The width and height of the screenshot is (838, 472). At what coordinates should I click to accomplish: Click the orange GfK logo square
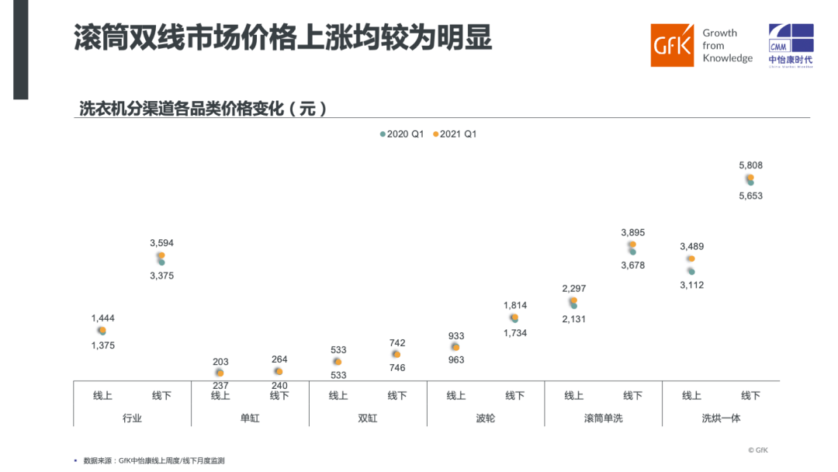click(672, 45)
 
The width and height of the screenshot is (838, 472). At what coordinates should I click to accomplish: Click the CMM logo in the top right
click(791, 45)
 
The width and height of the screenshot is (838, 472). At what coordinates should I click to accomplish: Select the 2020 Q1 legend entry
click(402, 134)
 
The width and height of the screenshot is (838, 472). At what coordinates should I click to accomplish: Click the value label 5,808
click(750, 165)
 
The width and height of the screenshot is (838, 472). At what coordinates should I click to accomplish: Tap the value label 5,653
click(750, 196)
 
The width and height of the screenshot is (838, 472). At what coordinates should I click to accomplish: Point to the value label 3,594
click(161, 243)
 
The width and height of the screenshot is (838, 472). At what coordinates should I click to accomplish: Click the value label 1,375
click(102, 345)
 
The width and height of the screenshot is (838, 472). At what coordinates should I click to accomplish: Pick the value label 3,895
click(632, 232)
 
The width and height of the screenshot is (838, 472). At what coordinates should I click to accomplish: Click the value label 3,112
click(691, 285)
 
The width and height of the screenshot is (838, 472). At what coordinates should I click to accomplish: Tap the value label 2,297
click(573, 288)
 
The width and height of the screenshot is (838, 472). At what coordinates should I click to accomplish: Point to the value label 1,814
click(514, 305)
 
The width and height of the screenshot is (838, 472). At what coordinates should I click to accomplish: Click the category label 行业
click(132, 418)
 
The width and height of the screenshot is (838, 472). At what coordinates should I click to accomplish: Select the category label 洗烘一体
click(721, 418)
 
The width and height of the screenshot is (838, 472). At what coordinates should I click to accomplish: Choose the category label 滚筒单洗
click(603, 418)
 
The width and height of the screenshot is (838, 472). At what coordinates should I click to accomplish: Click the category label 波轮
click(485, 418)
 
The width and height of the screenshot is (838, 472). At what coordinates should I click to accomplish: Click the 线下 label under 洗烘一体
click(750, 396)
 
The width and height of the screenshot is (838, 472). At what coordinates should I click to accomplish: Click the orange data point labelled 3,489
click(691, 259)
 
